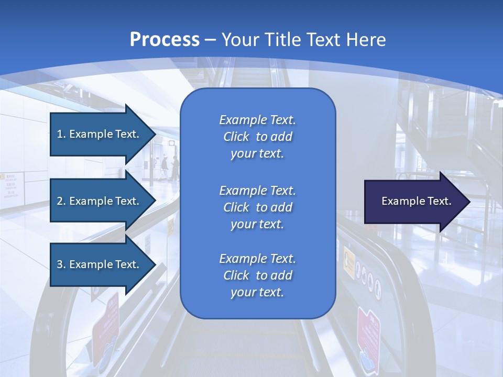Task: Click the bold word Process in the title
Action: pos(165,40)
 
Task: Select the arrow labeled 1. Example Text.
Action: pos(100,134)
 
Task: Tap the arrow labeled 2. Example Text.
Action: pos(100,201)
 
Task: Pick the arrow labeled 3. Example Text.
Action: pos(100,264)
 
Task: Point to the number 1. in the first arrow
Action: pos(61,134)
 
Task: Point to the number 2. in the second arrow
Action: pos(61,201)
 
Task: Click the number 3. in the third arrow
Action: pos(61,264)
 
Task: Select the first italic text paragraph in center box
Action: pos(257,137)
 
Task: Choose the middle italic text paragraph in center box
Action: pos(257,207)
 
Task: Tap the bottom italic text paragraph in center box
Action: pos(257,275)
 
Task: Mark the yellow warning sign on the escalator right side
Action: pos(349,259)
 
